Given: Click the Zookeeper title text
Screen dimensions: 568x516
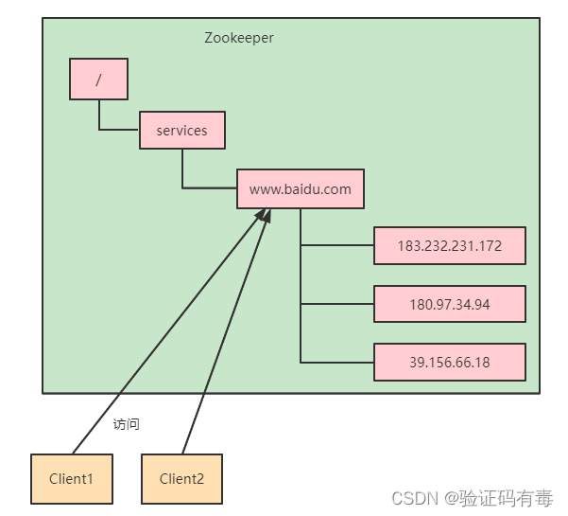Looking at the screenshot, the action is [239, 38].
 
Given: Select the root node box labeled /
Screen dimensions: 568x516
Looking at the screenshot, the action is [98, 80].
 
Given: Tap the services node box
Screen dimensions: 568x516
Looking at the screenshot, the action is [182, 131].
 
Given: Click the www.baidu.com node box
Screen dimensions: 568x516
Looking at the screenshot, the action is [301, 188].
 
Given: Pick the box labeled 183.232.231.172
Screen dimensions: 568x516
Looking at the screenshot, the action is [450, 245].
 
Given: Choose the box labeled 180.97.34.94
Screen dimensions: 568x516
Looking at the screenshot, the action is [450, 304].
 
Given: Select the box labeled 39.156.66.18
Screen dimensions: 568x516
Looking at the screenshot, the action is [450, 362].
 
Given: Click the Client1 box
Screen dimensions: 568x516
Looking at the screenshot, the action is [72, 479].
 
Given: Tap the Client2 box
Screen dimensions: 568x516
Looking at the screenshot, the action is [181, 479].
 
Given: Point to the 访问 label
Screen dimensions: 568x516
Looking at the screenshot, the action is [126, 424].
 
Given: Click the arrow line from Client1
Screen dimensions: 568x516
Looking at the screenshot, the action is [169, 331].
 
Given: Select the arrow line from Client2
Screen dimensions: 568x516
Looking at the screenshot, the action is [227, 331].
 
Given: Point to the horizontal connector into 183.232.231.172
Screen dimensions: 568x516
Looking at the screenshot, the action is [337, 245].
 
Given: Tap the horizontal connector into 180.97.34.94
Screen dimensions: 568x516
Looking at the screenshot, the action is [337, 304].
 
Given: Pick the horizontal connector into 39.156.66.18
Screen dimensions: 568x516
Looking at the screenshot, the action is [337, 362].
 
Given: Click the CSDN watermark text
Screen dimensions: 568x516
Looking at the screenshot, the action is [473, 498].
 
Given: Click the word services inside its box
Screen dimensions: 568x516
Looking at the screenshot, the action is [181, 131].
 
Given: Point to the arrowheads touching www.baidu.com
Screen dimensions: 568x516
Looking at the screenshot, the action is [264, 216].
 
